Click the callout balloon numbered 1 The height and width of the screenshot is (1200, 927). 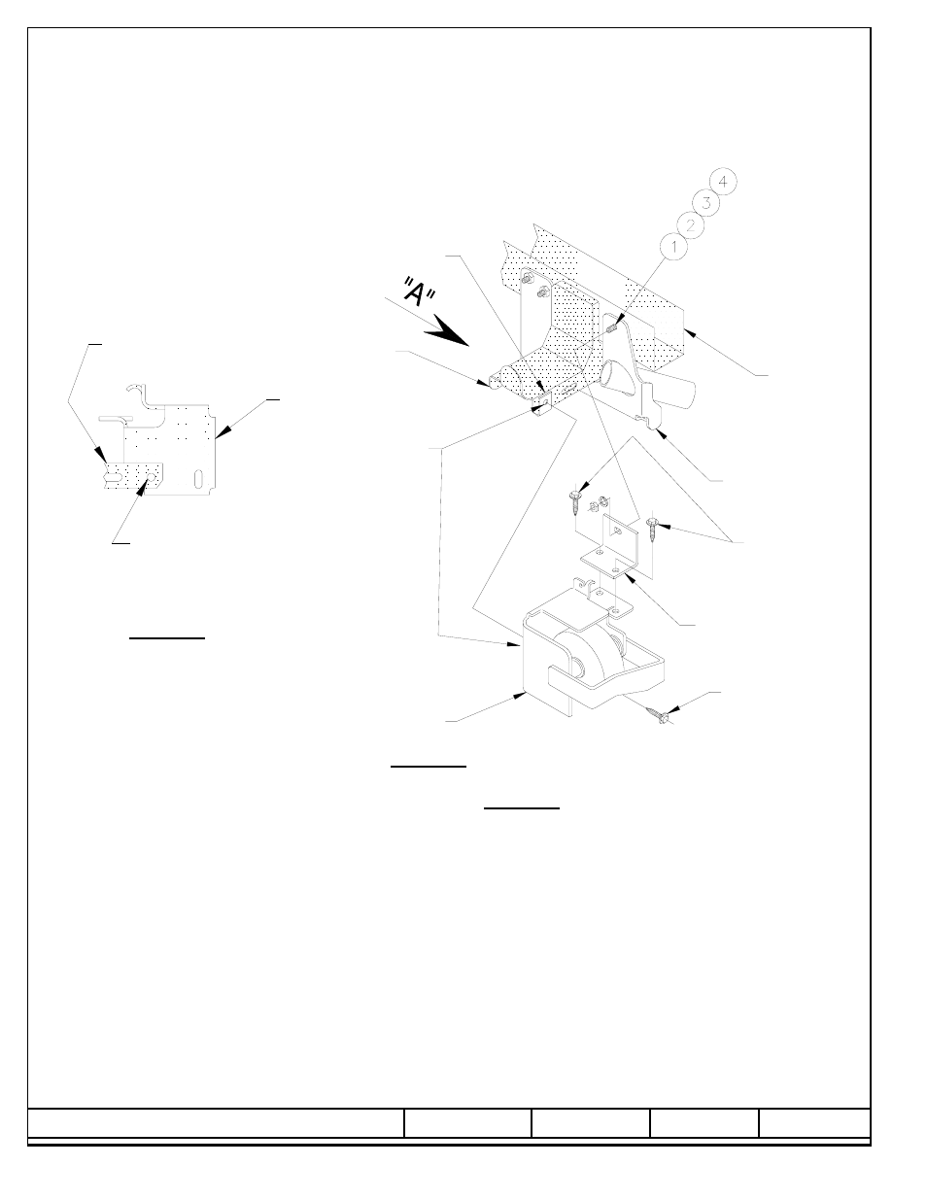(673, 246)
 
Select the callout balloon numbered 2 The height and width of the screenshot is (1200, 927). (690, 224)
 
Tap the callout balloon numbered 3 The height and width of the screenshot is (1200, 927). (706, 203)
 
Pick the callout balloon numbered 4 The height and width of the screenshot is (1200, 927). (723, 182)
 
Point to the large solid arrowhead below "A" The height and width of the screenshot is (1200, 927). (447, 331)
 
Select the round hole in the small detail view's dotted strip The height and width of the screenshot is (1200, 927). (152, 476)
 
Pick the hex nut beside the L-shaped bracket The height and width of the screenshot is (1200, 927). (595, 505)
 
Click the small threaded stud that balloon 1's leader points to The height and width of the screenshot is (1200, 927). (612, 328)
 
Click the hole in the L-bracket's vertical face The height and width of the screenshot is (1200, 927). (616, 531)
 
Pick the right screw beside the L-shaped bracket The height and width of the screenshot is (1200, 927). (652, 528)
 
